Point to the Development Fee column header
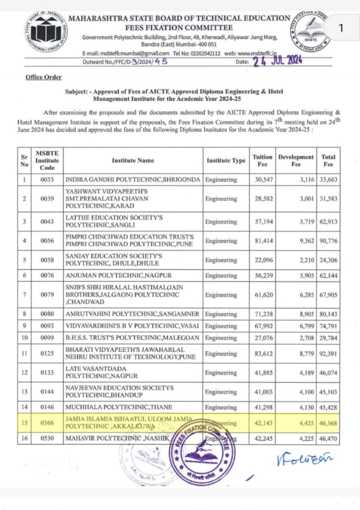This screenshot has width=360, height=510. point(296,160)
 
